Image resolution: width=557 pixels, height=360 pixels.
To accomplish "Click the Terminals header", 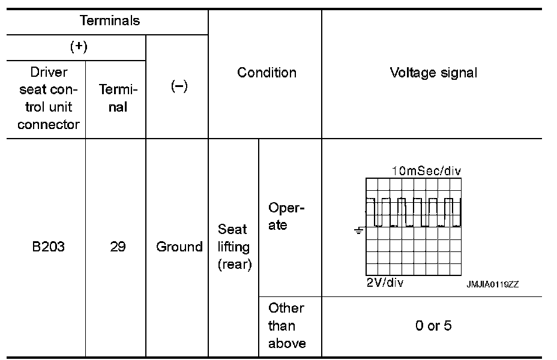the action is point(110,21).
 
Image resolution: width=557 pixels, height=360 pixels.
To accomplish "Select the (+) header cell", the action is point(79,48).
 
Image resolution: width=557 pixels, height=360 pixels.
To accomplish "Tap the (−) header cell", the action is point(178,86).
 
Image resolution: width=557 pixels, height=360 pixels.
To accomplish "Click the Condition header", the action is point(266,73).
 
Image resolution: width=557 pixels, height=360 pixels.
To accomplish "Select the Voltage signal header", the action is point(433,73).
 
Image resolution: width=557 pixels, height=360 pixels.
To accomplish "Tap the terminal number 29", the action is point(118,247).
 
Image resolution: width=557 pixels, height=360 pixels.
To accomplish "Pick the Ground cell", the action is point(179,247).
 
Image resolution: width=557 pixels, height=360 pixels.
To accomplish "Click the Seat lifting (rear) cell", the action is point(233,247).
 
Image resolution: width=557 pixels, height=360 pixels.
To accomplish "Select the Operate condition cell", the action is point(286,217).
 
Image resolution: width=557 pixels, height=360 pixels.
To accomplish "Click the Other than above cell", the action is point(286,326).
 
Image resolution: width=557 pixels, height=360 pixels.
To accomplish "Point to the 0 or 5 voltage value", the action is point(433,326).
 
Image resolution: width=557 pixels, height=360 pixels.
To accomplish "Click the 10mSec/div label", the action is point(426,171).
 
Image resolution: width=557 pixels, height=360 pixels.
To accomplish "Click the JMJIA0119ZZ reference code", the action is point(493,285).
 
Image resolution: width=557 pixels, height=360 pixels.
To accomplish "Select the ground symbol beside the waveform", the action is point(359,230).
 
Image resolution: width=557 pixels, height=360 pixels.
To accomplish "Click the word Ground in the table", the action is point(179,247).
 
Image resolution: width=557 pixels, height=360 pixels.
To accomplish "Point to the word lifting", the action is point(233,247).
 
